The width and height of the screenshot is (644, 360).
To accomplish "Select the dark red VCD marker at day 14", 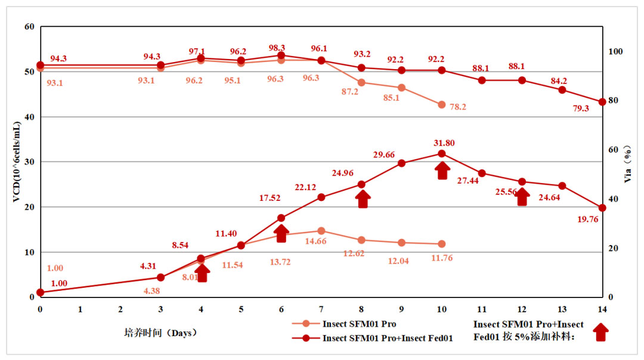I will [x=602, y=208].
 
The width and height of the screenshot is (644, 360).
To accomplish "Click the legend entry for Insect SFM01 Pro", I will [x=360, y=324].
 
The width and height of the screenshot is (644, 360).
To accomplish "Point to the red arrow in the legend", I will [x=601, y=332].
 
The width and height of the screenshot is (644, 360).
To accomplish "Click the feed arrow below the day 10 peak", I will [x=442, y=170].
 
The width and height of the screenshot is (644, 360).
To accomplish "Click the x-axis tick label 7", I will [x=321, y=309].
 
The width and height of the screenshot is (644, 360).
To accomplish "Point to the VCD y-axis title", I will [x=17, y=161].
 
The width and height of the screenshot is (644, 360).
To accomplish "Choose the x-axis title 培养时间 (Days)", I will [x=157, y=333].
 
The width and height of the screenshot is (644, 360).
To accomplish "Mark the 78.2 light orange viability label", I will [x=457, y=107].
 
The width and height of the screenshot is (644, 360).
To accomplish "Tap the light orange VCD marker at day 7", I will [x=321, y=231].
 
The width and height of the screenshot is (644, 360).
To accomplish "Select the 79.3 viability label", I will [x=580, y=108].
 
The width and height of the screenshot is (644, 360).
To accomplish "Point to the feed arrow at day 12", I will [x=522, y=197].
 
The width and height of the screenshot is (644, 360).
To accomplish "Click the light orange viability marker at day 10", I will [x=442, y=105].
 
